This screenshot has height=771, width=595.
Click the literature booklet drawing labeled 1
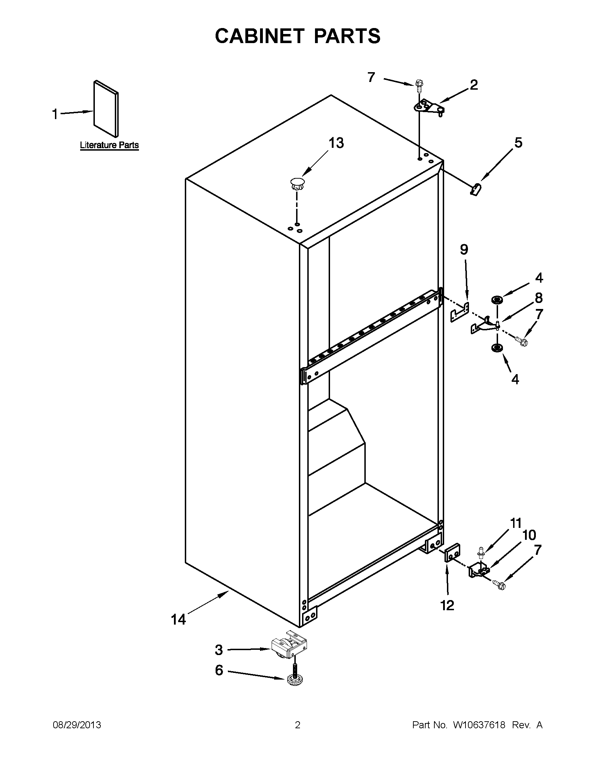106,108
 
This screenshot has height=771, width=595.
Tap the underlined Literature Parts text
109,145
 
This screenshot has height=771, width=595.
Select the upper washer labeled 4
497,300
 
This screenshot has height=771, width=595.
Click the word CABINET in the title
259,36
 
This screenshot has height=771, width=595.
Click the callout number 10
529,535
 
